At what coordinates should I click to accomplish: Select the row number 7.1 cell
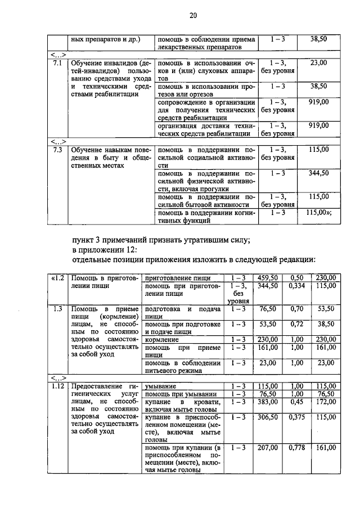point(56,63)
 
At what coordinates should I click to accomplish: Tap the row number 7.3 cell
point(56,150)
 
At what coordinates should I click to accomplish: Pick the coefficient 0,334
point(296,286)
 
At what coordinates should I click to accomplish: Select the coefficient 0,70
point(296,309)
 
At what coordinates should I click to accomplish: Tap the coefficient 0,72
point(296,325)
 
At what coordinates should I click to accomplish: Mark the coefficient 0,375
point(296,418)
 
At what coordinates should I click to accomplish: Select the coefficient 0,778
point(296,448)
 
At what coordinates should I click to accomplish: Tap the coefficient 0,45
point(296,402)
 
